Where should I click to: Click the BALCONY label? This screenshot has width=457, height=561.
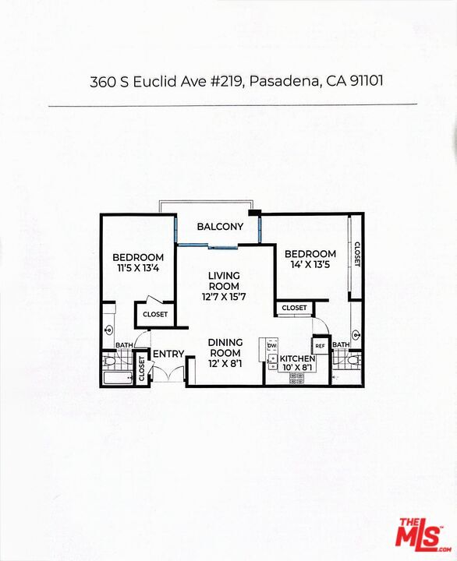(x=220, y=227)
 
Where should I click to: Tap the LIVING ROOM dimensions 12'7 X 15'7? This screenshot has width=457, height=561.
(x=223, y=295)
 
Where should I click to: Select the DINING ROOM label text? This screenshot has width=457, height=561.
(x=225, y=348)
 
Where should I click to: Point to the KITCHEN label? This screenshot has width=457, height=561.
(x=297, y=358)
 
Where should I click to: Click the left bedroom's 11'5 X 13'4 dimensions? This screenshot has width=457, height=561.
(x=138, y=270)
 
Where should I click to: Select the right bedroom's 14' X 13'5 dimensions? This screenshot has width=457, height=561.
(x=310, y=266)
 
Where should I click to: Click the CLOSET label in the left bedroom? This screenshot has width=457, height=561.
(x=155, y=314)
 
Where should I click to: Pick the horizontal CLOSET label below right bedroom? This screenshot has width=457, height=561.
(x=294, y=309)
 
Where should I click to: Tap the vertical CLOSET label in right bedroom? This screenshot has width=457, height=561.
(x=356, y=254)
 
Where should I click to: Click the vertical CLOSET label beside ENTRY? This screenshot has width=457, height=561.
(x=142, y=369)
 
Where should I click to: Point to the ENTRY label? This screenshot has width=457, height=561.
(x=168, y=355)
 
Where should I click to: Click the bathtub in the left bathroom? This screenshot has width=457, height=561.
(x=119, y=378)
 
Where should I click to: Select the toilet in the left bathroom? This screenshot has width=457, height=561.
(x=110, y=361)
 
